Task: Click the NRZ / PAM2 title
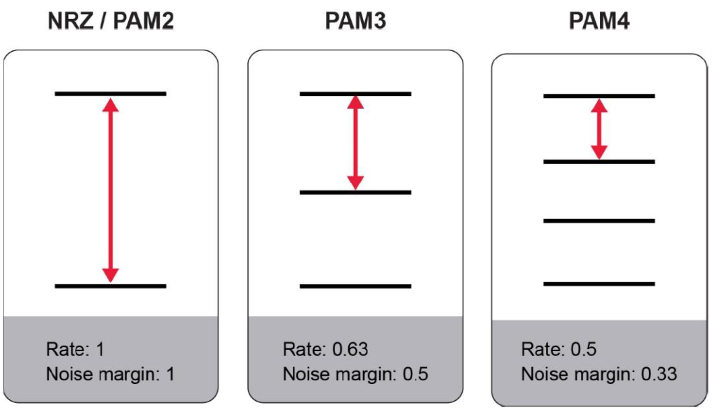(111, 22)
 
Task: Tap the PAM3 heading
(355, 22)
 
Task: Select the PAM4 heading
(599, 22)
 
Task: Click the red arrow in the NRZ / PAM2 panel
(110, 190)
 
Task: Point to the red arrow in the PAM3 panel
(355, 143)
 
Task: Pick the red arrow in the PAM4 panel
(598, 129)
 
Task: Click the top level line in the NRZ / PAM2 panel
(110, 93)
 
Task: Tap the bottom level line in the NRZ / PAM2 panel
(110, 285)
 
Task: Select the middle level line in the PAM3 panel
(355, 192)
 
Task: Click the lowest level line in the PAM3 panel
(355, 285)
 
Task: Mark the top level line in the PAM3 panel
(355, 93)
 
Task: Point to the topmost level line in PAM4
(598, 96)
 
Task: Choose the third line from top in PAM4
(598, 221)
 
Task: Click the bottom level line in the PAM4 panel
(598, 283)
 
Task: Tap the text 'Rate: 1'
(75, 349)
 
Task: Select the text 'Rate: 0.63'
(325, 349)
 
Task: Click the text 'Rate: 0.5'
(559, 349)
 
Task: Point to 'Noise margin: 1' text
(110, 374)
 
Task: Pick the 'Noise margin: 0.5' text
(355, 374)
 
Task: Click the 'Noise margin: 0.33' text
(599, 374)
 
